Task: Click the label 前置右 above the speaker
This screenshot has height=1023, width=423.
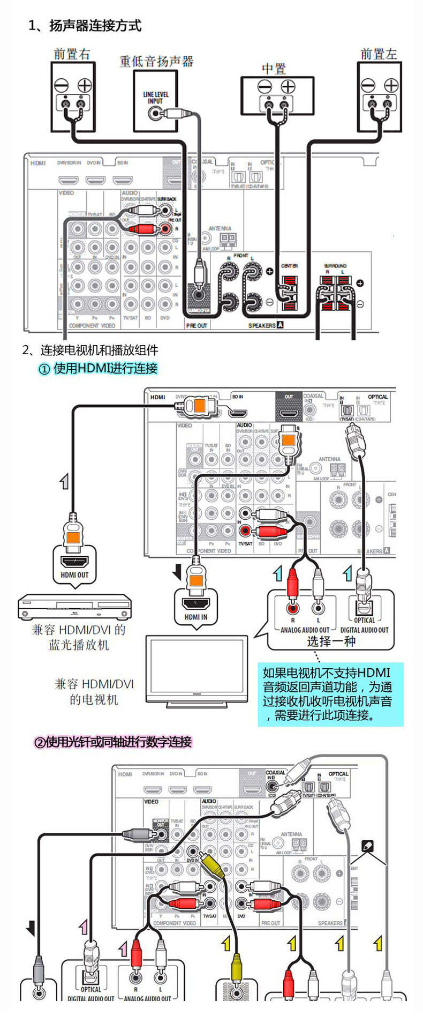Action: [x=72, y=54]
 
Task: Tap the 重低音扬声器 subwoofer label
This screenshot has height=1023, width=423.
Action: [x=156, y=62]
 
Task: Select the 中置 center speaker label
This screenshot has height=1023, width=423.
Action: [x=274, y=69]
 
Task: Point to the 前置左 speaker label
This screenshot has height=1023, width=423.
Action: [x=379, y=54]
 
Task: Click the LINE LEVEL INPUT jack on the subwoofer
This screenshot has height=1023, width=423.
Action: [x=156, y=113]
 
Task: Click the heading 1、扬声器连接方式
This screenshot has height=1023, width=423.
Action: [x=85, y=25]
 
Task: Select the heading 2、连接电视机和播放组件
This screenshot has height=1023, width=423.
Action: [x=90, y=350]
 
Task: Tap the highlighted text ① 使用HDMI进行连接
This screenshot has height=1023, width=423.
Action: [x=98, y=368]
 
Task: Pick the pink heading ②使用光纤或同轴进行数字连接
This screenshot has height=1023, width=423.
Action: [x=113, y=742]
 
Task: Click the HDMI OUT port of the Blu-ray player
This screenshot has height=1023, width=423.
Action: [x=75, y=562]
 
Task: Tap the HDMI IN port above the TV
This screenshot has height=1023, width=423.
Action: [x=196, y=603]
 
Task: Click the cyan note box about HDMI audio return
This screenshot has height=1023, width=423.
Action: [x=330, y=695]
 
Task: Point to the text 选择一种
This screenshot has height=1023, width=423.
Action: [x=330, y=641]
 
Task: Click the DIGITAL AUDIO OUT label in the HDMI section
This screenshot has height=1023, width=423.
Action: [x=364, y=630]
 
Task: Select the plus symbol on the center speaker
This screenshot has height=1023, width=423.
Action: [x=288, y=86]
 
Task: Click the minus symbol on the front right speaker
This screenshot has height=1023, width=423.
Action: [x=61, y=85]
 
